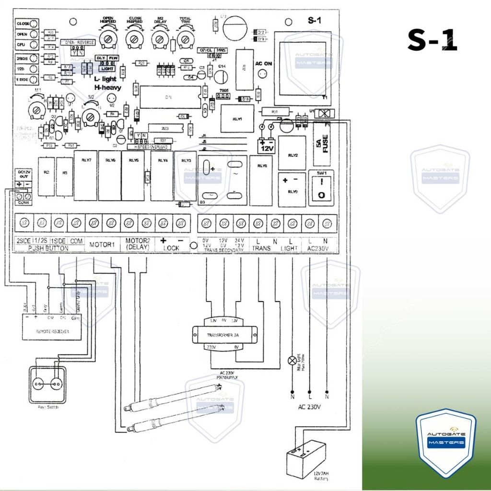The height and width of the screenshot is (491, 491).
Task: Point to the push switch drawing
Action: pos(47,383)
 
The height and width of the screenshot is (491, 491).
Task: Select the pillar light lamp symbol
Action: pos(292,361)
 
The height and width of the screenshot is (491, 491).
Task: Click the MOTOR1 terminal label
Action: pos(102,245)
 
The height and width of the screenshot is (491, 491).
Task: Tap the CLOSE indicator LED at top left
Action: pos(35,23)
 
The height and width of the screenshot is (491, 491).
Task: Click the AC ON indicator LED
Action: pos(262,74)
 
